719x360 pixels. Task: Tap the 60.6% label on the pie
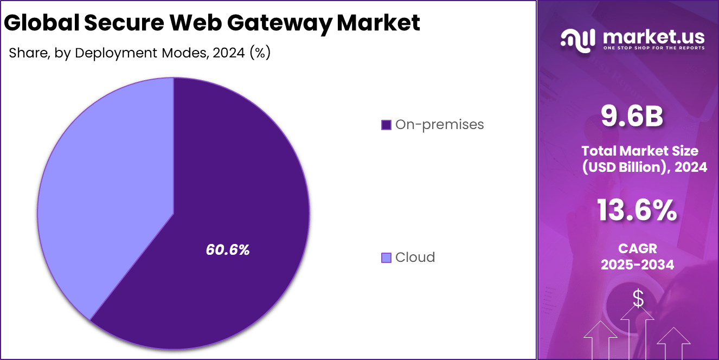pos(228,250)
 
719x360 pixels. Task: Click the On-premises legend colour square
pos(386,125)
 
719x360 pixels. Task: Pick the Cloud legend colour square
pos(386,258)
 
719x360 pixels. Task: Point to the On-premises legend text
pos(439,125)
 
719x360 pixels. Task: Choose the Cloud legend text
pos(415,258)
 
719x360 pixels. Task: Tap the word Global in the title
pos(40,23)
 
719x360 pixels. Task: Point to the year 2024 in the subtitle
pos(229,53)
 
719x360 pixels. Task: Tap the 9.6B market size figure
pos(632,117)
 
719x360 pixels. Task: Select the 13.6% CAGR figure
pos(637,210)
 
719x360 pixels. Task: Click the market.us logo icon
pos(578,41)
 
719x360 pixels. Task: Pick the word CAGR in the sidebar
pos(637,248)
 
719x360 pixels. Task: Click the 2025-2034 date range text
pos(637,265)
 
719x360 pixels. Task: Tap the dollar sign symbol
pos(638,299)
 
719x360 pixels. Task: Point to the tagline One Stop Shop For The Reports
pos(654,48)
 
